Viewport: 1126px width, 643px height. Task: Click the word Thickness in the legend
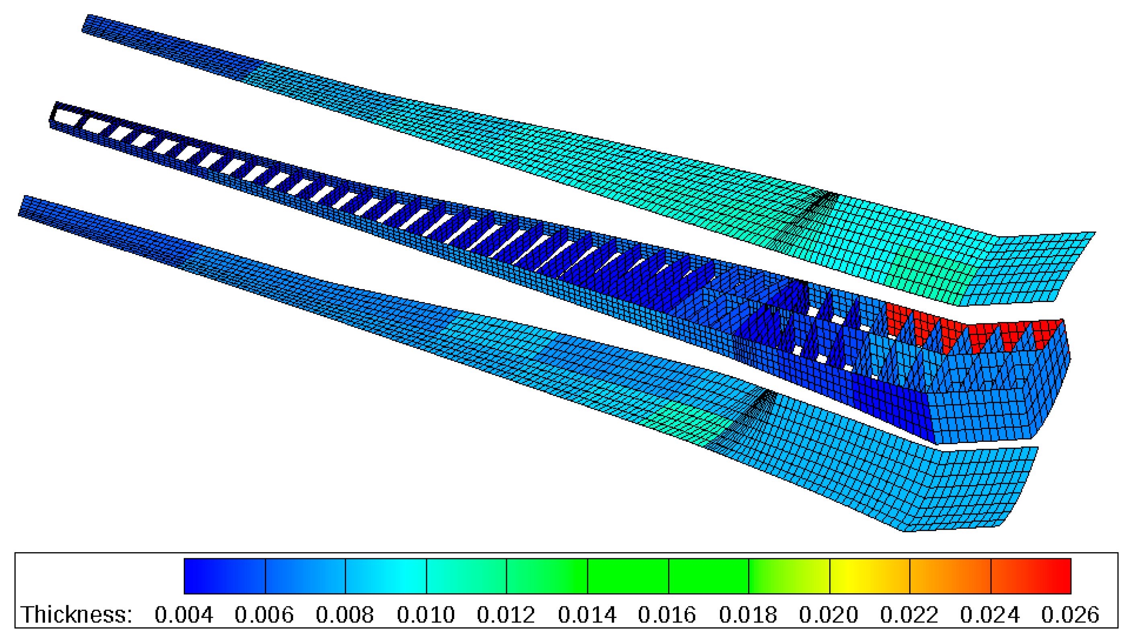76,615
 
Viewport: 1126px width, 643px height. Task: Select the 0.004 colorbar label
183,615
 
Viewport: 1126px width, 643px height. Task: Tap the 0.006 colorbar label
264,615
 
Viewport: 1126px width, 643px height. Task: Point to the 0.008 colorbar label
345,615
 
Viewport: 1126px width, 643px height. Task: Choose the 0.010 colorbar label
426,615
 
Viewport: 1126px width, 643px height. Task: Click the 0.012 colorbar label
506,615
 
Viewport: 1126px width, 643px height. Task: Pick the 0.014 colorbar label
587,615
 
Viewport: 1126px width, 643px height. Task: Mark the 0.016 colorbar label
667,615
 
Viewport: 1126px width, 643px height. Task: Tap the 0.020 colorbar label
829,615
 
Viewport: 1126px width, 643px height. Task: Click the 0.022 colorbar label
909,615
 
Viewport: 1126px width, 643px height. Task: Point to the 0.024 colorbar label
990,615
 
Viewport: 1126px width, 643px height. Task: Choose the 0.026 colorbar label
1070,615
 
